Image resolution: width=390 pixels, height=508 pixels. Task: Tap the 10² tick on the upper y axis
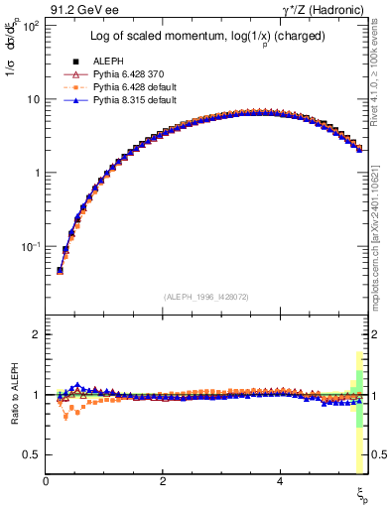click(x=30, y=26)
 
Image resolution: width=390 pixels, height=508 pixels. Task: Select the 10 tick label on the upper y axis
click(x=33, y=99)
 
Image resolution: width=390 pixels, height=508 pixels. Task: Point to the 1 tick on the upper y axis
click(x=36, y=173)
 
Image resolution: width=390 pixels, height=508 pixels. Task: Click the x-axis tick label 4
click(x=281, y=481)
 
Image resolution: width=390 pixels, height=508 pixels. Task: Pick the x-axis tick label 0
click(x=47, y=481)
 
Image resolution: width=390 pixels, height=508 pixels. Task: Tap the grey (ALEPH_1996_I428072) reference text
click(x=205, y=296)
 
